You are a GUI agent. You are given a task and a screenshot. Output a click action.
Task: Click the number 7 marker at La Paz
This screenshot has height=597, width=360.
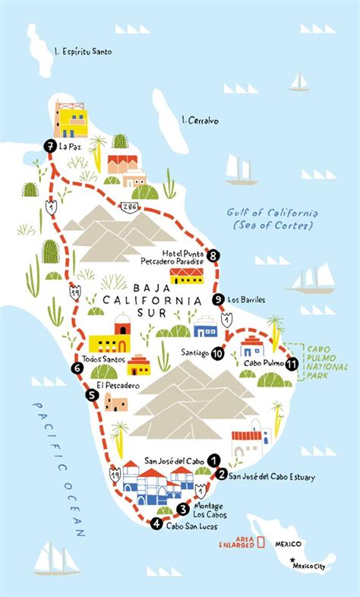click(49, 146)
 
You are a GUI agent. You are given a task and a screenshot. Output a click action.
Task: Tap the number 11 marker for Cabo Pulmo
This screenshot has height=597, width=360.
click(292, 365)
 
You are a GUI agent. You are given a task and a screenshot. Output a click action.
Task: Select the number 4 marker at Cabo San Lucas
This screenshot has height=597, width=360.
click(156, 523)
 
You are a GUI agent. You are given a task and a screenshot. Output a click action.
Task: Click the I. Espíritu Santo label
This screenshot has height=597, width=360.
click(78, 52)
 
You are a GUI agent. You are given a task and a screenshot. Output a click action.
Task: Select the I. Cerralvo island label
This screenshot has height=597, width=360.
click(201, 119)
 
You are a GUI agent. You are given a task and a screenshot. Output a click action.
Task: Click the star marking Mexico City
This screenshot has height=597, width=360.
click(292, 561)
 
